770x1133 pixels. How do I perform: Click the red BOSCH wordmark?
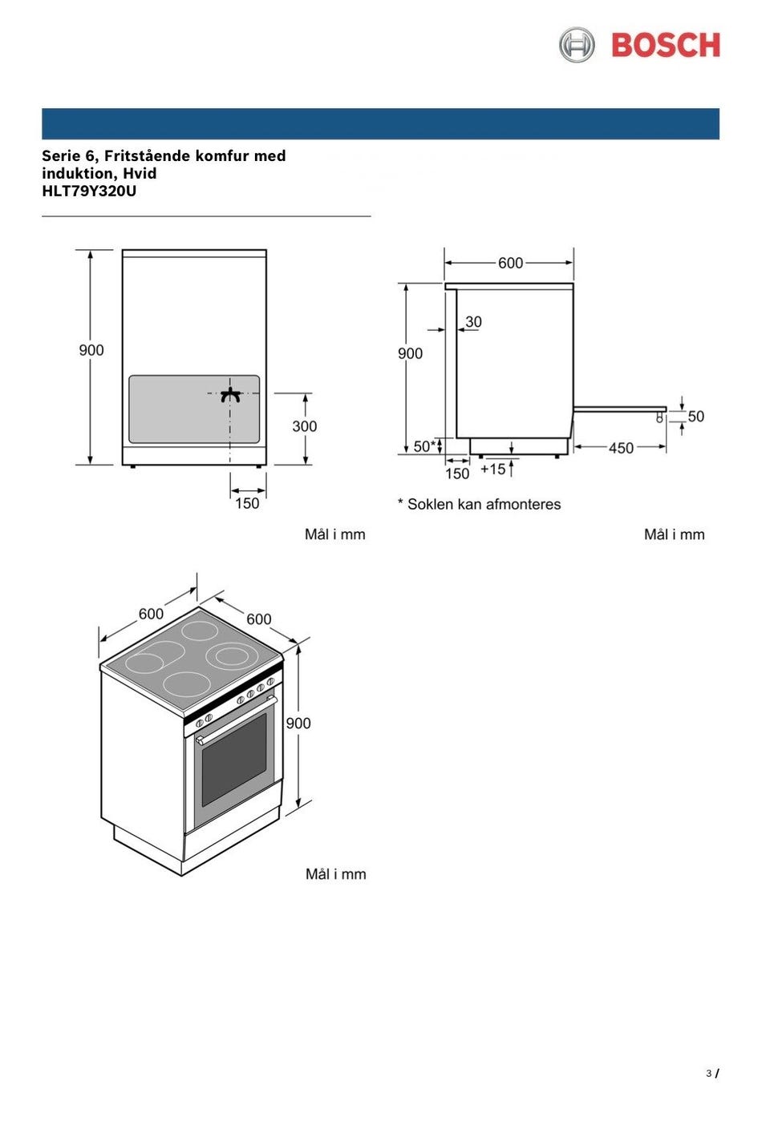click(x=665, y=45)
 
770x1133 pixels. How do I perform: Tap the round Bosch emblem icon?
click(x=577, y=45)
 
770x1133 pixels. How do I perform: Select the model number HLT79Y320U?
click(x=89, y=192)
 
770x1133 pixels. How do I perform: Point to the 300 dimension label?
click(x=304, y=426)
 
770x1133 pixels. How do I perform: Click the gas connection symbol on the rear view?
click(x=230, y=395)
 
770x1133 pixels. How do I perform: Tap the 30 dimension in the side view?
click(x=473, y=321)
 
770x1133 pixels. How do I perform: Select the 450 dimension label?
click(x=621, y=448)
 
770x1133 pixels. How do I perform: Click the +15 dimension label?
click(x=493, y=469)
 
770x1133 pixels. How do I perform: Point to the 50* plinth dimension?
click(x=424, y=446)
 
